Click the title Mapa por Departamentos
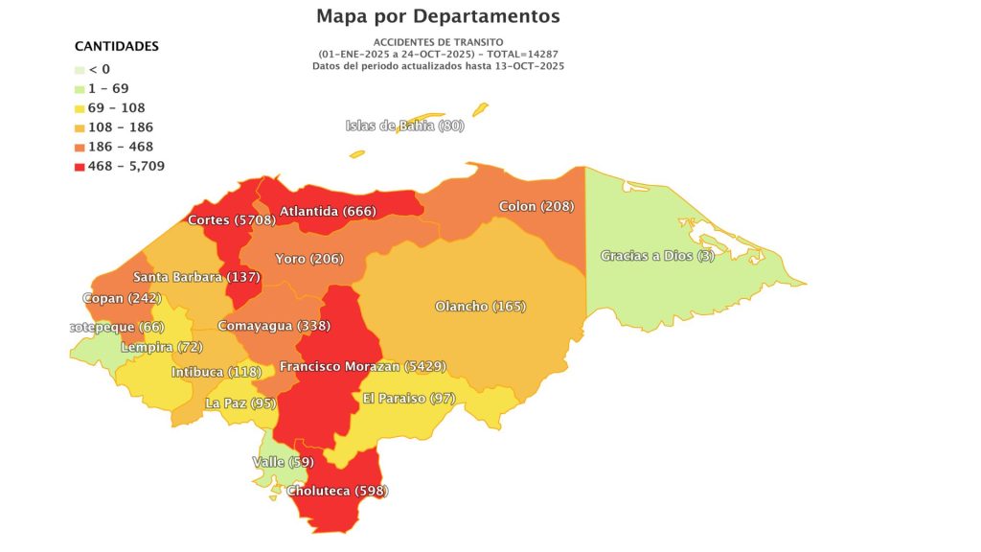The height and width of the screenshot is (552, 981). pyautogui.click(x=438, y=16)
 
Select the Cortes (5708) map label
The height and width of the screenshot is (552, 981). pyautogui.click(x=232, y=219)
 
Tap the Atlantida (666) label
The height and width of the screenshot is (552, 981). pyautogui.click(x=328, y=211)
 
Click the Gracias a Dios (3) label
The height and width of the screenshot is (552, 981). pyautogui.click(x=657, y=256)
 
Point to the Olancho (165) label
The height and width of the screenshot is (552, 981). pyautogui.click(x=480, y=307)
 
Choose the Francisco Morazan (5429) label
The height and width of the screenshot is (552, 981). pyautogui.click(x=362, y=366)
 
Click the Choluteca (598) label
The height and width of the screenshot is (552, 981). pyautogui.click(x=337, y=491)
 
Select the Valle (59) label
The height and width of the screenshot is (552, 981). pyautogui.click(x=283, y=462)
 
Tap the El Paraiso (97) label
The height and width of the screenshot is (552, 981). pyautogui.click(x=408, y=398)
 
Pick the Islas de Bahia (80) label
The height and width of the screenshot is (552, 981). pyautogui.click(x=404, y=126)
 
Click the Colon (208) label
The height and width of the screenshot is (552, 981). pyautogui.click(x=536, y=207)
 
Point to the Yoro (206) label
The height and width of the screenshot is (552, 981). pyautogui.click(x=308, y=259)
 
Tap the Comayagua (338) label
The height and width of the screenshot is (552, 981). pyautogui.click(x=273, y=326)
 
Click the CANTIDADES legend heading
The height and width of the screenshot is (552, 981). pyautogui.click(x=117, y=46)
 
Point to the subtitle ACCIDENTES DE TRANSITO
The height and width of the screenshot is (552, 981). pyautogui.click(x=438, y=42)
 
